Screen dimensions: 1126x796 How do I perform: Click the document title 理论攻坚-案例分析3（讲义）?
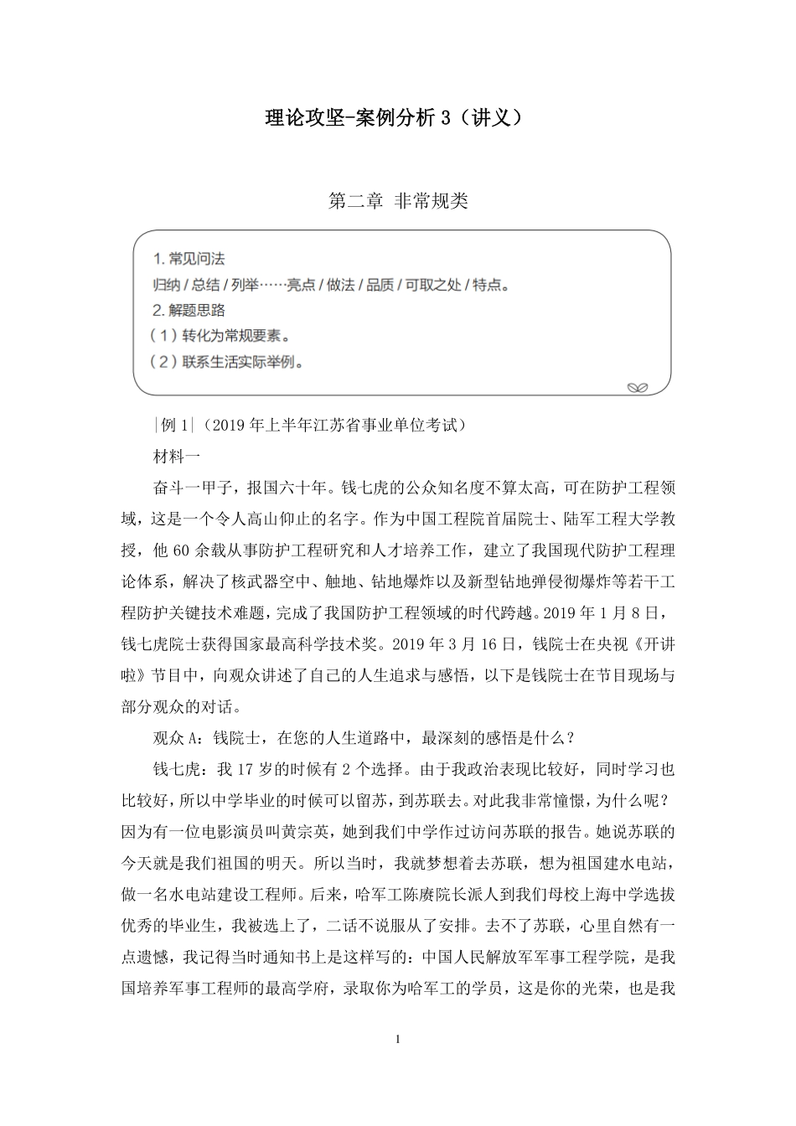click(398, 118)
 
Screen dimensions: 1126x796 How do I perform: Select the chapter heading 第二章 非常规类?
click(398, 201)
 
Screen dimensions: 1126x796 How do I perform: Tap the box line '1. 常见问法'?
click(189, 259)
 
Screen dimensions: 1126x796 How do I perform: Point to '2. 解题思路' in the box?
click(189, 311)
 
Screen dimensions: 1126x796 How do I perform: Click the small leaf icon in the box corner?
click(638, 387)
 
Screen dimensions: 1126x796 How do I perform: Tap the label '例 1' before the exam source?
click(174, 426)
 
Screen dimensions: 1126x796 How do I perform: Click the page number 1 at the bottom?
click(398, 1040)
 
